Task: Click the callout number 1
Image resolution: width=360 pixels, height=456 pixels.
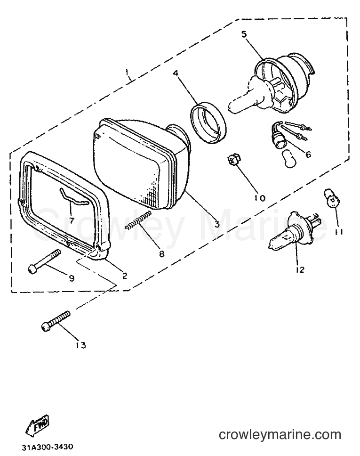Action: tap(127, 71)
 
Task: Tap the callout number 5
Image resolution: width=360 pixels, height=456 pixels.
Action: tap(244, 34)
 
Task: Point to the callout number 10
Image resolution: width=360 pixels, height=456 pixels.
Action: tap(260, 198)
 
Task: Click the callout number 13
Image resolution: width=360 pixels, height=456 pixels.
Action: tap(81, 345)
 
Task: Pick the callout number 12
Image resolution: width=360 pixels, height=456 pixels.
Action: tap(300, 270)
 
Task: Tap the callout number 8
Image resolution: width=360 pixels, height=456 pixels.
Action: tap(161, 253)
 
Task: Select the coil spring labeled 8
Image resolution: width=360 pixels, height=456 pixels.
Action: tap(139, 220)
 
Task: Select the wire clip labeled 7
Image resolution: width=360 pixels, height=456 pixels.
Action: tap(73, 198)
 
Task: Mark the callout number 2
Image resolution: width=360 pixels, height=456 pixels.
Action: tap(124, 276)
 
